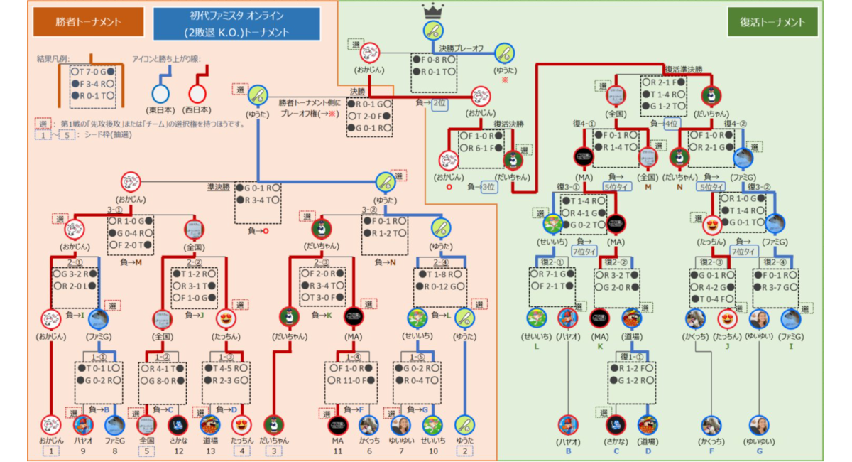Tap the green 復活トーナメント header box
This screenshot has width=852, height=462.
click(x=773, y=22)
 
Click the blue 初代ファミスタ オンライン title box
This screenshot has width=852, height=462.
click(x=236, y=23)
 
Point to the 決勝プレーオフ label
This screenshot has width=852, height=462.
click(x=461, y=48)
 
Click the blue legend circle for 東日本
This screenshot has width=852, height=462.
click(x=162, y=93)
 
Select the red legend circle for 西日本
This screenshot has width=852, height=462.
click(x=197, y=93)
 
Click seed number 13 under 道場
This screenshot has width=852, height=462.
click(x=209, y=451)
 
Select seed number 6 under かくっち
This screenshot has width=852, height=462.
click(x=368, y=451)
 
